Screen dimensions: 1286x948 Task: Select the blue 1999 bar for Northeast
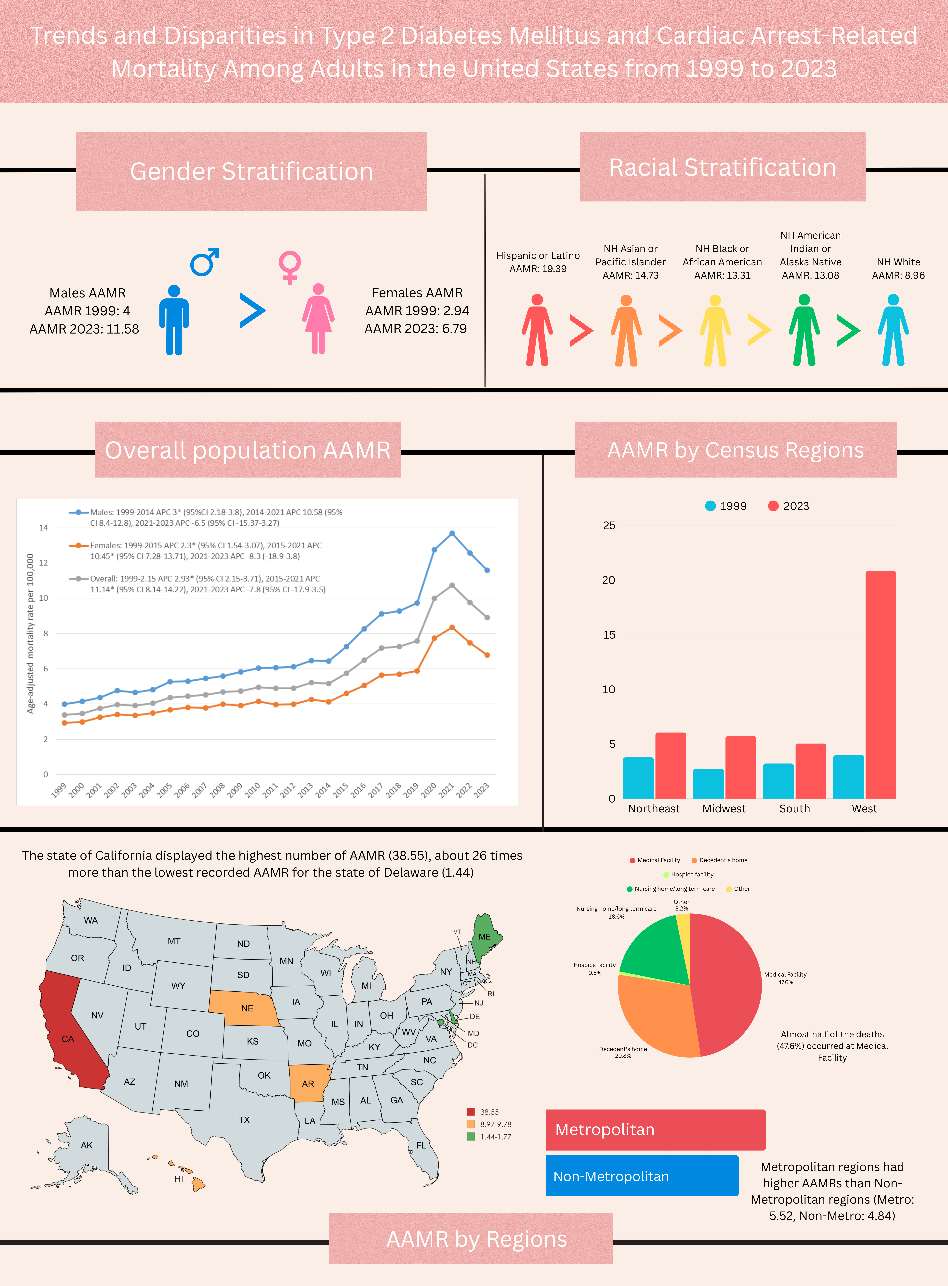(638, 777)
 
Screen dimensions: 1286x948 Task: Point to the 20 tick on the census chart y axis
(608, 580)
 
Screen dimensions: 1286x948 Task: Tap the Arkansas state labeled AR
(308, 1083)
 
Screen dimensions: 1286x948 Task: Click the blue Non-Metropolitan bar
(642, 1176)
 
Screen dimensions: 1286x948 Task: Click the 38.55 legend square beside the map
(471, 1112)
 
